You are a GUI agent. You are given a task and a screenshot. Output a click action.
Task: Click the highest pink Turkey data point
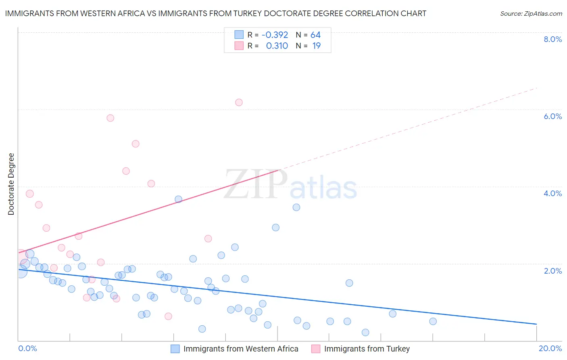click(239, 103)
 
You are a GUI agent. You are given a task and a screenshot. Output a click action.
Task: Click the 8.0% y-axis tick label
click(552, 39)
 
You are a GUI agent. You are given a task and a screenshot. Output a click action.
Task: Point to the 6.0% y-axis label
click(552, 116)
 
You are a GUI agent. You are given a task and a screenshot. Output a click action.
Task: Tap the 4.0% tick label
click(552, 193)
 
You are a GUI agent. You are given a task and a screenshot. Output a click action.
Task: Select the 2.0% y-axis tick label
click(552, 271)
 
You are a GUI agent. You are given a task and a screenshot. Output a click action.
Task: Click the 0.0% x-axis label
click(27, 348)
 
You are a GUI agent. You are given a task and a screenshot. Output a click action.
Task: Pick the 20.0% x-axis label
click(550, 348)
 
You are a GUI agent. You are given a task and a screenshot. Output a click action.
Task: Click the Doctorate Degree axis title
click(11, 184)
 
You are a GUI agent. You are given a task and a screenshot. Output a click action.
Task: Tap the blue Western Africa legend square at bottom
click(175, 349)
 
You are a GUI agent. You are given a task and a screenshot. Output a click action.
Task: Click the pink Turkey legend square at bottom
click(316, 349)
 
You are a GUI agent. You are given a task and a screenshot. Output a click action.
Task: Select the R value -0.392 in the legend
click(275, 35)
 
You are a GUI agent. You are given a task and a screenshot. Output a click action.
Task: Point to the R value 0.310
click(277, 46)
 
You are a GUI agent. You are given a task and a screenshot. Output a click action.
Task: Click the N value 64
click(315, 35)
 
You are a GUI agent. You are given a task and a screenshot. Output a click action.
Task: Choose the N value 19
click(316, 46)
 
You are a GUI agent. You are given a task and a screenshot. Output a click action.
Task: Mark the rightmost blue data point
click(433, 321)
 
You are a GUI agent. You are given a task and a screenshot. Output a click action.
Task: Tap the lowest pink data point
click(168, 316)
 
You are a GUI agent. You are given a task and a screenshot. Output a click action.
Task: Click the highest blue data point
click(178, 199)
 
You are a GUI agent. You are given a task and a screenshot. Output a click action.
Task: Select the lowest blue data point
click(365, 333)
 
